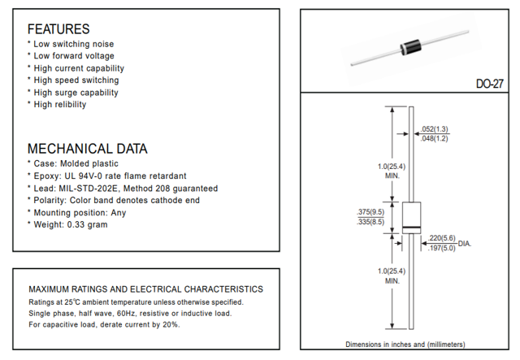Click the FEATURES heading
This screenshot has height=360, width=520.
point(58,28)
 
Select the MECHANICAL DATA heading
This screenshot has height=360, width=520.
point(88,149)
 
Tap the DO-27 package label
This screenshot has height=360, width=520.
point(493,84)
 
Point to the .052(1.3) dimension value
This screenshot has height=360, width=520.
point(435,129)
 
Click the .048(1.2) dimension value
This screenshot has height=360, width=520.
point(435,139)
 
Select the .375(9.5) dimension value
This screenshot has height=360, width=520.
point(370,213)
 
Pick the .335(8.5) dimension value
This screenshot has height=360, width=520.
point(370,223)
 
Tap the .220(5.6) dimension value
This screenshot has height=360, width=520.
point(442,238)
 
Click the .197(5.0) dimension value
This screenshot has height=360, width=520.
point(442,248)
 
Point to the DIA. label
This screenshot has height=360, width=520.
point(465,244)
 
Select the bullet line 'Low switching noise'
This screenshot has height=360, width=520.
point(74,44)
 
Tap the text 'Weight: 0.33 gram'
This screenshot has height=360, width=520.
point(71,224)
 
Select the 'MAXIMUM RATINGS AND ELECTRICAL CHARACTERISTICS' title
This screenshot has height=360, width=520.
point(145,289)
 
